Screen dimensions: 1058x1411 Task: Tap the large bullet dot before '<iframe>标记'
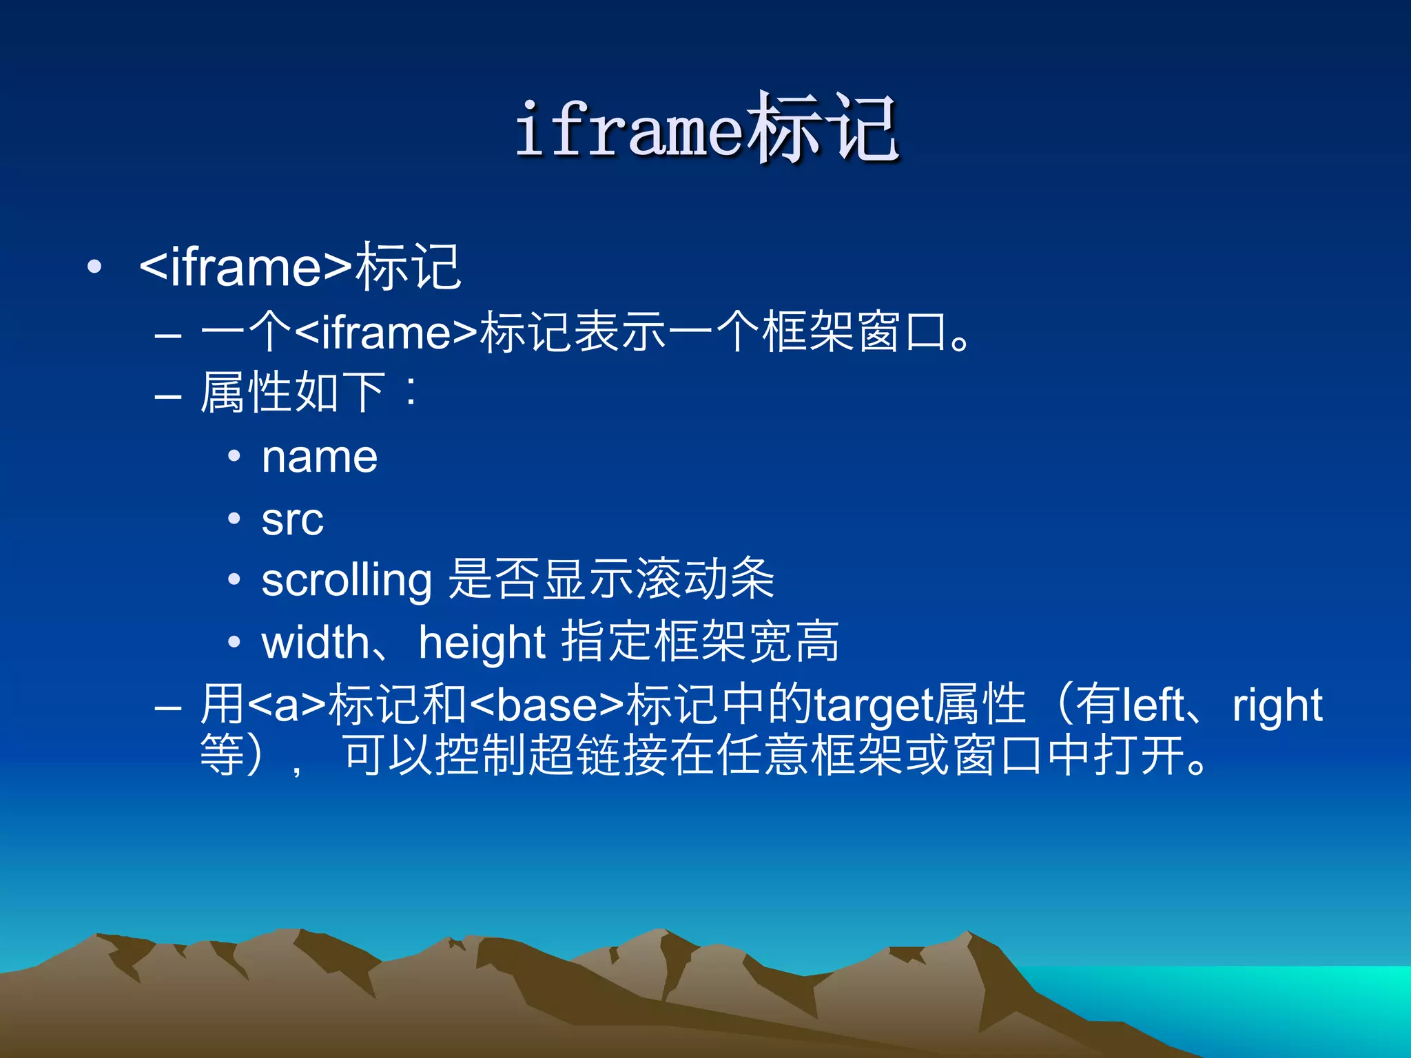pyautogui.click(x=95, y=267)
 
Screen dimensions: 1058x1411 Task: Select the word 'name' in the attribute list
pyautogui.click(x=320, y=457)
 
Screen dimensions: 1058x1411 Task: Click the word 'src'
pyautogui.click(x=292, y=519)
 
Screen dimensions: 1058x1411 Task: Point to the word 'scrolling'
pyautogui.click(x=347, y=581)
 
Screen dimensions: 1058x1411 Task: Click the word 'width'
pyautogui.click(x=316, y=642)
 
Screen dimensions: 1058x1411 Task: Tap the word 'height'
pyautogui.click(x=482, y=642)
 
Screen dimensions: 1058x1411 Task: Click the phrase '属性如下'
pyautogui.click(x=292, y=393)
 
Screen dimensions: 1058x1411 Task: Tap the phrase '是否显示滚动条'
pyautogui.click(x=611, y=579)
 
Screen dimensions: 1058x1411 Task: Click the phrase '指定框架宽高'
pyautogui.click(x=701, y=641)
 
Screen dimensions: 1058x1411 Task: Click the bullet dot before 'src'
pyautogui.click(x=234, y=519)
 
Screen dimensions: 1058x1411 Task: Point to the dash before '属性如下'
pyautogui.click(x=168, y=397)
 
